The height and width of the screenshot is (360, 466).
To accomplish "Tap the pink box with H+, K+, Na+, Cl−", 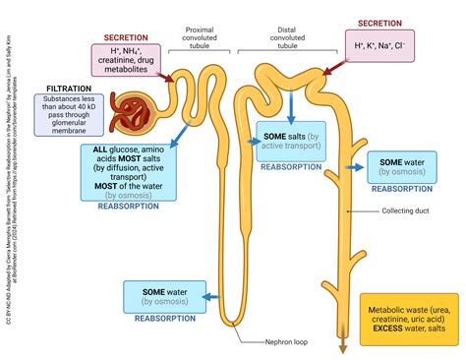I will [379, 44].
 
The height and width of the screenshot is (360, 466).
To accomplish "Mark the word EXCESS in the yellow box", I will [384, 329].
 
